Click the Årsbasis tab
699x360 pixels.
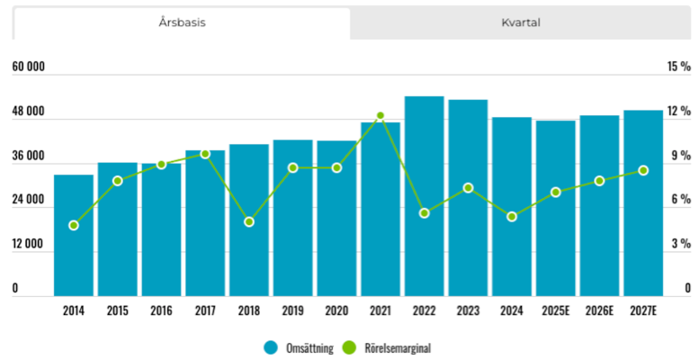[x=182, y=22]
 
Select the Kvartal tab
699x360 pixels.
[x=520, y=22]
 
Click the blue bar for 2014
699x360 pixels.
[x=74, y=235]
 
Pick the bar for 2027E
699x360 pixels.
[x=643, y=203]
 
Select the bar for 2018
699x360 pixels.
[x=249, y=220]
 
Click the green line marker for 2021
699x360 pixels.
[x=381, y=116]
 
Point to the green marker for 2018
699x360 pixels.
[x=249, y=221]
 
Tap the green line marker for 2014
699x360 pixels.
[x=74, y=225]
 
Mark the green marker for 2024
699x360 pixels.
[x=512, y=217]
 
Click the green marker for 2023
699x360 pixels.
[x=468, y=188]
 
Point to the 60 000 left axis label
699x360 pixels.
[x=28, y=67]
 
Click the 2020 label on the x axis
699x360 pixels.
[x=336, y=311]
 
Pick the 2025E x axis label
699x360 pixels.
[x=555, y=311]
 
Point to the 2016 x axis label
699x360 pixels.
[x=161, y=311]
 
